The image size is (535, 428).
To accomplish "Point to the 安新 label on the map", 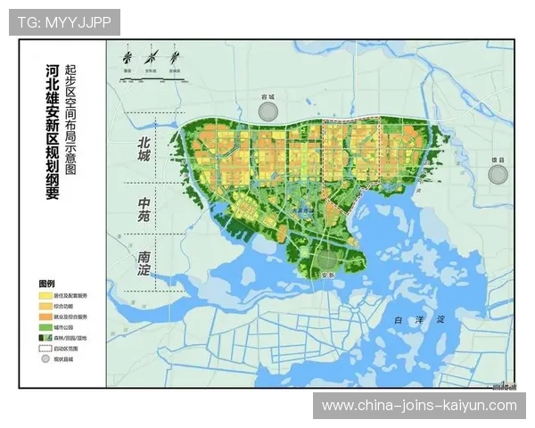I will pyautogui.click(x=329, y=275).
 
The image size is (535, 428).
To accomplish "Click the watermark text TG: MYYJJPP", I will pyautogui.click(x=64, y=22).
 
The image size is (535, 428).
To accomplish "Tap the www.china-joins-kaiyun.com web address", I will pyautogui.click(x=418, y=406).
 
